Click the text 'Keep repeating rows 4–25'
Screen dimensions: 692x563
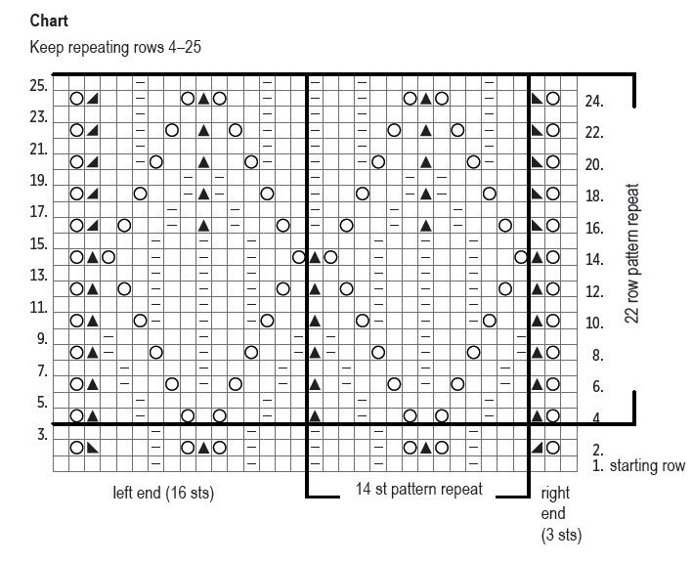[x=115, y=46]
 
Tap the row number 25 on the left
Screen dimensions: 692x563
[x=39, y=85]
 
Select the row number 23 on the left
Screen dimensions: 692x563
[x=39, y=117]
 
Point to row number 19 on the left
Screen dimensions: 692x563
[x=39, y=180]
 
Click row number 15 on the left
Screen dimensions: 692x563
[x=39, y=243]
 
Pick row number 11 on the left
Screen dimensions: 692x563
[x=39, y=307]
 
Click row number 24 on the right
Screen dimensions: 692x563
[x=593, y=101]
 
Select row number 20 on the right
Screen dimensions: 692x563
[x=593, y=164]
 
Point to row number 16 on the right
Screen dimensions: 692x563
[x=593, y=228]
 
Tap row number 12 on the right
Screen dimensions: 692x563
[x=593, y=291]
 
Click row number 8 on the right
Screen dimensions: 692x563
[x=593, y=355]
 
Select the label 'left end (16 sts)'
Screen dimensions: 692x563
[x=163, y=493]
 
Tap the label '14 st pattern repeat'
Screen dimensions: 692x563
[x=418, y=489]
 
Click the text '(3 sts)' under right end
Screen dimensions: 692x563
[x=561, y=535]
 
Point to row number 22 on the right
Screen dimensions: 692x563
[x=593, y=133]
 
